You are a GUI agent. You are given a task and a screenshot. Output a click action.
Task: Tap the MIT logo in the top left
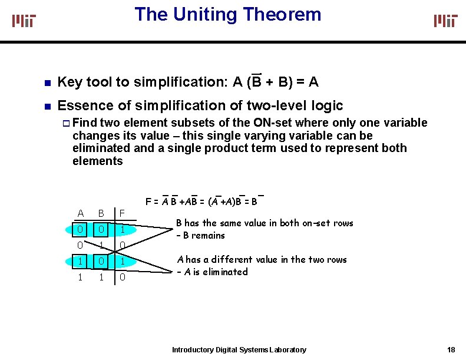(24, 21)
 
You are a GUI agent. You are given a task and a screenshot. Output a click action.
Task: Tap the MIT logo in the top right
(445, 21)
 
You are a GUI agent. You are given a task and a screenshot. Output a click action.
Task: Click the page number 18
(451, 350)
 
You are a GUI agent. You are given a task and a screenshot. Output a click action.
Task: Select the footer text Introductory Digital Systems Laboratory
(239, 350)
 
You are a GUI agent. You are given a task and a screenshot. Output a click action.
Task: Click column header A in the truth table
(81, 213)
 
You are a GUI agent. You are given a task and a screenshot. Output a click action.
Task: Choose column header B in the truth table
(101, 213)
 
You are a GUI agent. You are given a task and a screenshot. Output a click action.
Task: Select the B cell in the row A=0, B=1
(101, 245)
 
